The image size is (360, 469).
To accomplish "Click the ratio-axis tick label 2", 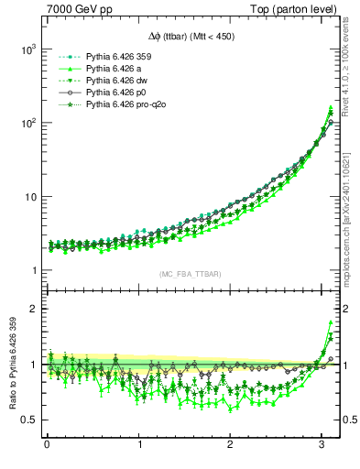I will click(x=31, y=309).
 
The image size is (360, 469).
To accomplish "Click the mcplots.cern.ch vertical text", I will click(x=352, y=220).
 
